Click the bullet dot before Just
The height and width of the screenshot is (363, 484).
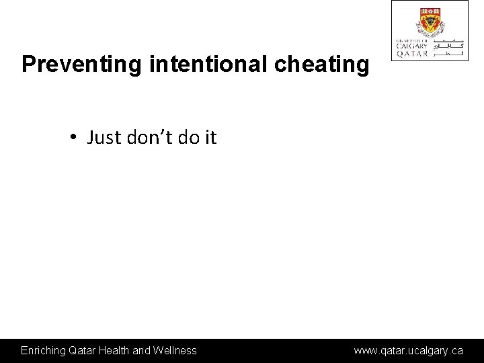(71, 138)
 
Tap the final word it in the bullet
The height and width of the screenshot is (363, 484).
(210, 138)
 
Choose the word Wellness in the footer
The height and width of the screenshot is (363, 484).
(175, 350)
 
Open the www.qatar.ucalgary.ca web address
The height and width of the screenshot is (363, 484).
(409, 350)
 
